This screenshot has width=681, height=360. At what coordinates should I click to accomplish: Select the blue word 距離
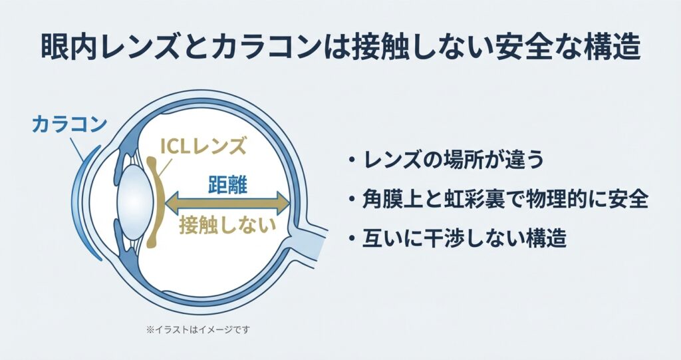click(227, 184)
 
